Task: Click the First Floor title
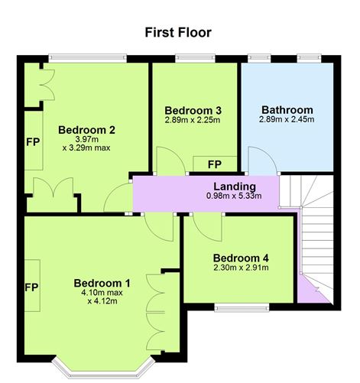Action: click(178, 33)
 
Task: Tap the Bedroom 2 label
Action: click(86, 129)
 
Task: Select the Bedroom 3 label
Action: click(192, 109)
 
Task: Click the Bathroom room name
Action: click(287, 109)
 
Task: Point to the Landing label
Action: click(234, 186)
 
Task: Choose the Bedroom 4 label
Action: click(240, 257)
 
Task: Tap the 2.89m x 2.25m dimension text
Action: click(192, 120)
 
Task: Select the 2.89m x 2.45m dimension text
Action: click(287, 120)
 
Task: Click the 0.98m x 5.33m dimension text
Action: click(234, 196)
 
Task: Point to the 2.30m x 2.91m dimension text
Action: click(240, 268)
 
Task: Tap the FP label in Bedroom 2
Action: click(33, 142)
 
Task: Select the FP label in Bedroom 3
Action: click(214, 164)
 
